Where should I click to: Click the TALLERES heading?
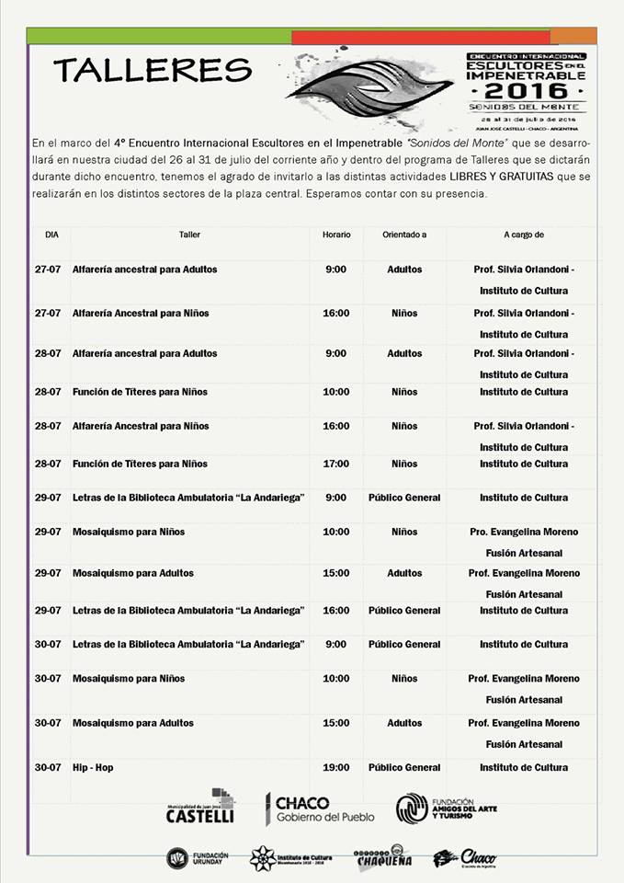tap(153, 69)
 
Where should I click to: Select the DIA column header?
tap(51, 235)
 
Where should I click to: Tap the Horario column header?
tap(336, 235)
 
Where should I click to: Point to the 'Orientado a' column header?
tap(404, 235)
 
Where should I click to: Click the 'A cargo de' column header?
tap(524, 235)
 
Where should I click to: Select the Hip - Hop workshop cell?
tap(93, 767)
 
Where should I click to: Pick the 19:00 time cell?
tap(336, 767)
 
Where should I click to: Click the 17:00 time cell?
tap(336, 464)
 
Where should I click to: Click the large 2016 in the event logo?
tap(526, 91)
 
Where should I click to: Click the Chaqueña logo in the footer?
tap(382, 858)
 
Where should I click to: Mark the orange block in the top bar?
tap(586, 36)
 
